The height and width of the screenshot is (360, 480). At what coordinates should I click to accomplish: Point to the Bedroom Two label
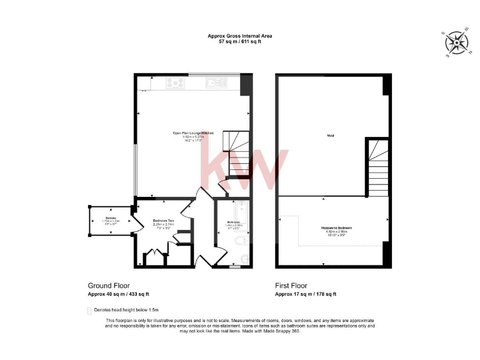[x=162, y=221]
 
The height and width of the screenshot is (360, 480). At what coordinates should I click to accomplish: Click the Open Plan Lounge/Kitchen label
[x=194, y=133]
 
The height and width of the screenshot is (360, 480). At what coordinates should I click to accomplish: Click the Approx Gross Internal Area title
[x=240, y=36]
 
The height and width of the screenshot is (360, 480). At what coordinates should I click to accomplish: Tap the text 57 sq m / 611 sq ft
[x=240, y=41]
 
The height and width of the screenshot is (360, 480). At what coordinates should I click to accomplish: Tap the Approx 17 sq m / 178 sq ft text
[x=306, y=294]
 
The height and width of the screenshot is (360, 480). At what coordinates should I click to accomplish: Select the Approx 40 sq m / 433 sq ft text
[x=118, y=294]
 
